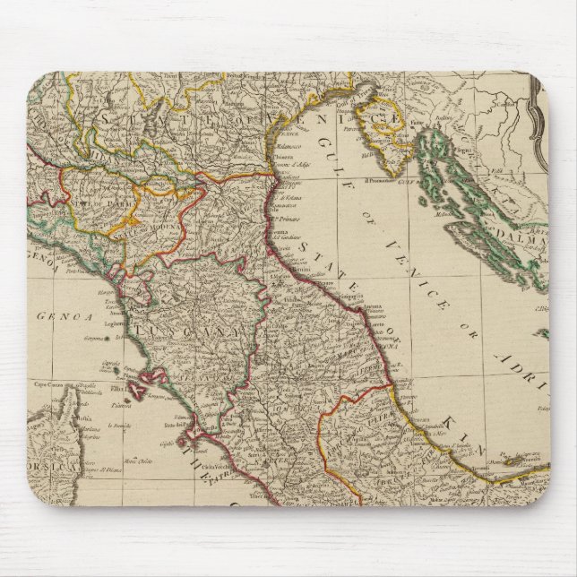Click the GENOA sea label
[56, 314]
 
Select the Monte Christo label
[134, 460]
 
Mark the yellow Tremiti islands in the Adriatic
[517, 462]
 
